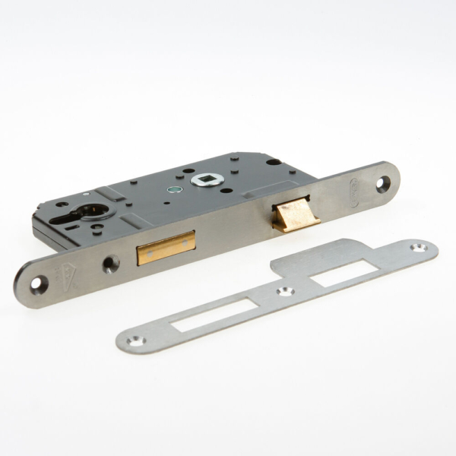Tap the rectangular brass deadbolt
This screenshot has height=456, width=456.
pos(166,249)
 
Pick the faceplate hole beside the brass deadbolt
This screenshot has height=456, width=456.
pos(111,263)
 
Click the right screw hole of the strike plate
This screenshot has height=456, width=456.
pos(417,248)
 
